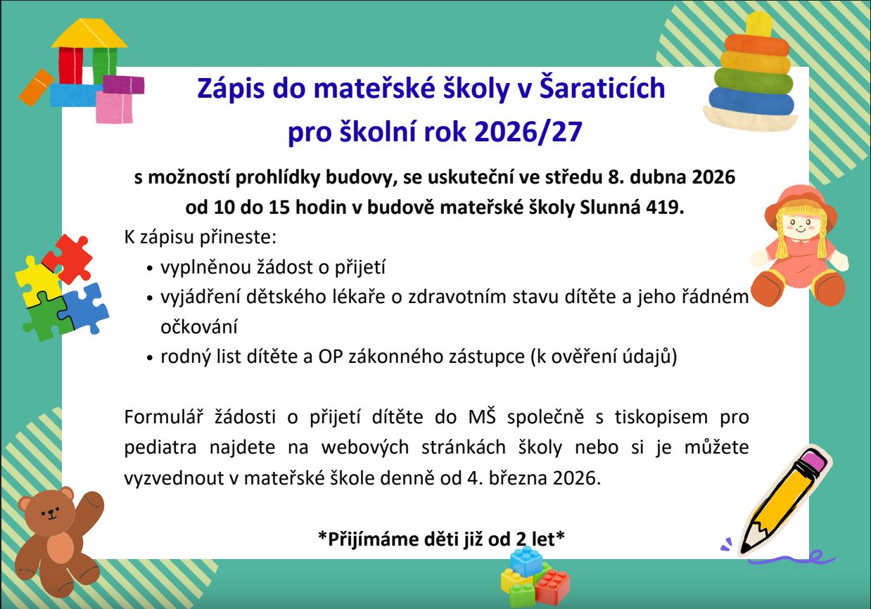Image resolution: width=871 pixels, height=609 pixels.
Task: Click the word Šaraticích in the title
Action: (x=602, y=88)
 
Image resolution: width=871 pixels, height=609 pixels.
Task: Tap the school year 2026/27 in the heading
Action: (x=528, y=132)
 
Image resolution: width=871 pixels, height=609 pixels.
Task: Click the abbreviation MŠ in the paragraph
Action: (x=482, y=416)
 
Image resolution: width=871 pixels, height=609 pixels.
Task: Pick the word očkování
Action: (x=198, y=326)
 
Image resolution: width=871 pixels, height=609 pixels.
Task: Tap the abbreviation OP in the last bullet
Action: (x=330, y=357)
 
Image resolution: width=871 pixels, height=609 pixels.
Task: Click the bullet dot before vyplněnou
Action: (x=150, y=269)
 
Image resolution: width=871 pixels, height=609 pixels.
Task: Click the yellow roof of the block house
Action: (x=89, y=34)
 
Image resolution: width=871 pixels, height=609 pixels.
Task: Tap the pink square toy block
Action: (x=114, y=108)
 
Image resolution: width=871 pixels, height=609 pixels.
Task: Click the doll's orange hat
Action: (x=800, y=206)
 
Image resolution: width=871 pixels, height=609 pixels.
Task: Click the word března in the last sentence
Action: (x=518, y=478)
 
